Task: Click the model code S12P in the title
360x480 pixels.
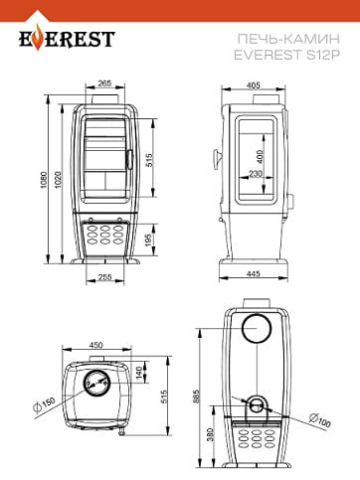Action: click(323, 55)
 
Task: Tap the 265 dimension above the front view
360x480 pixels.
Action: click(104, 83)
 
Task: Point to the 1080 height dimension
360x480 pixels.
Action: click(44, 180)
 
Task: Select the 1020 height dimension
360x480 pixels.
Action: click(58, 180)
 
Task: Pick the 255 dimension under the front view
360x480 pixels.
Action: click(104, 277)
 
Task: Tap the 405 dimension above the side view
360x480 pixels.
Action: click(254, 85)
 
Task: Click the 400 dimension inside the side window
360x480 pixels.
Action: click(260, 156)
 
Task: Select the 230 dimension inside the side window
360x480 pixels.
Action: click(256, 173)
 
